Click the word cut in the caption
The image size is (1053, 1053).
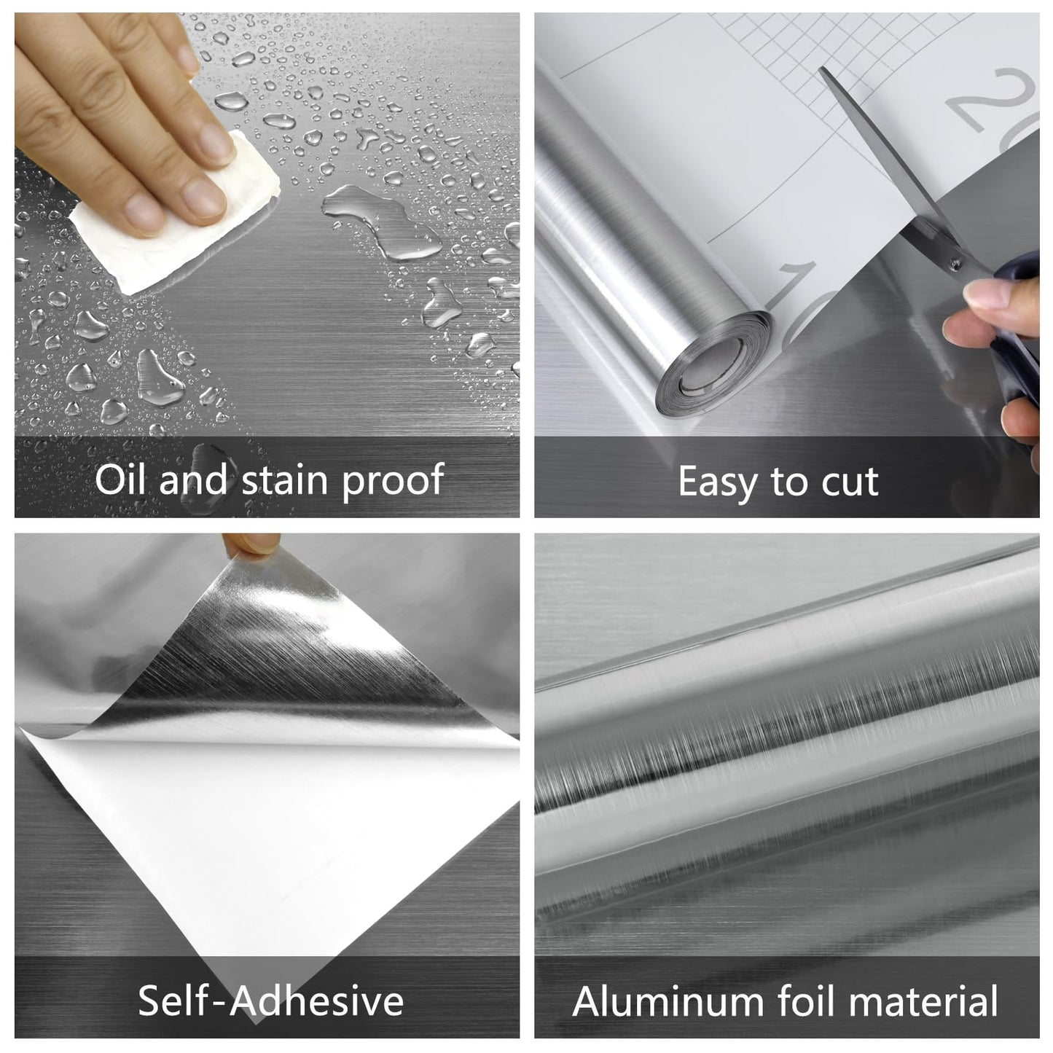848,482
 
